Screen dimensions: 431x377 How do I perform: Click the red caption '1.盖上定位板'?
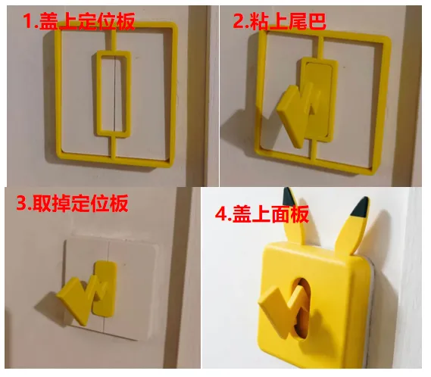click(79, 21)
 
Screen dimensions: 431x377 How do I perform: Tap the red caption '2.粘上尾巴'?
click(280, 21)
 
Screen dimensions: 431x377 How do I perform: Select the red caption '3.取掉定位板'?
click(73, 204)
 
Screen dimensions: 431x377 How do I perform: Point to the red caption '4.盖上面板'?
click(262, 214)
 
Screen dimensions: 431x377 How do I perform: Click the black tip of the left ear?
click(289, 196)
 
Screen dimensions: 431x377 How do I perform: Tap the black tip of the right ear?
click(361, 207)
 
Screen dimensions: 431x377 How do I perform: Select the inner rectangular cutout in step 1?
click(114, 92)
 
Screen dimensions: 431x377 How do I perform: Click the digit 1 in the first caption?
click(28, 21)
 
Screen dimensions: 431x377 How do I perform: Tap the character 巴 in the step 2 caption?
click(317, 21)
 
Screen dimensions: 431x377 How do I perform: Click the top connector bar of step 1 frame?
click(114, 39)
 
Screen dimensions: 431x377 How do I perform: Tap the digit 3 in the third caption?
click(20, 204)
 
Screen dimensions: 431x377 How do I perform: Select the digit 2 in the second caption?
click(238, 21)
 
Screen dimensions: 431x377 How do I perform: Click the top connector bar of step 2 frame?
click(320, 46)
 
